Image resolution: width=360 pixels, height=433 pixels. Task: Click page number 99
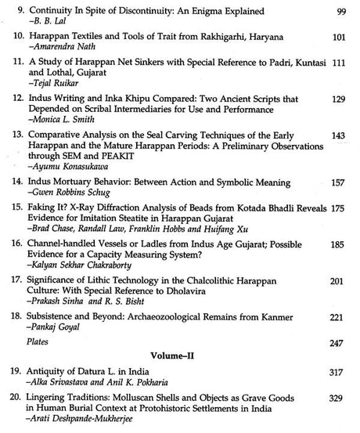pyautogui.click(x=340, y=12)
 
